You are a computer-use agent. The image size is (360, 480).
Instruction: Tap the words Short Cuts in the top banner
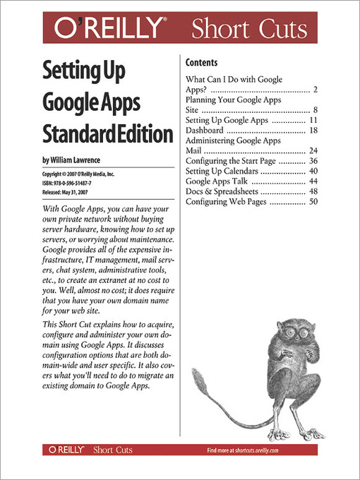tap(249, 30)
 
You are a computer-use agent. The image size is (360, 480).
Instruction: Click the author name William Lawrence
tap(80, 160)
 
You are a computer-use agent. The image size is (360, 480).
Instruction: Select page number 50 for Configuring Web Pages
tap(313, 202)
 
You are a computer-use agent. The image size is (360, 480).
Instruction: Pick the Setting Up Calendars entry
tap(222, 171)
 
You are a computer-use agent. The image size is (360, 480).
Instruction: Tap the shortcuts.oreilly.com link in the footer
tap(252, 450)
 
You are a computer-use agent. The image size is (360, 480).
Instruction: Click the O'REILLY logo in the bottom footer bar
tap(68, 449)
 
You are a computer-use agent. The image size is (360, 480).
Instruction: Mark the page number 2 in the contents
tap(316, 90)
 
